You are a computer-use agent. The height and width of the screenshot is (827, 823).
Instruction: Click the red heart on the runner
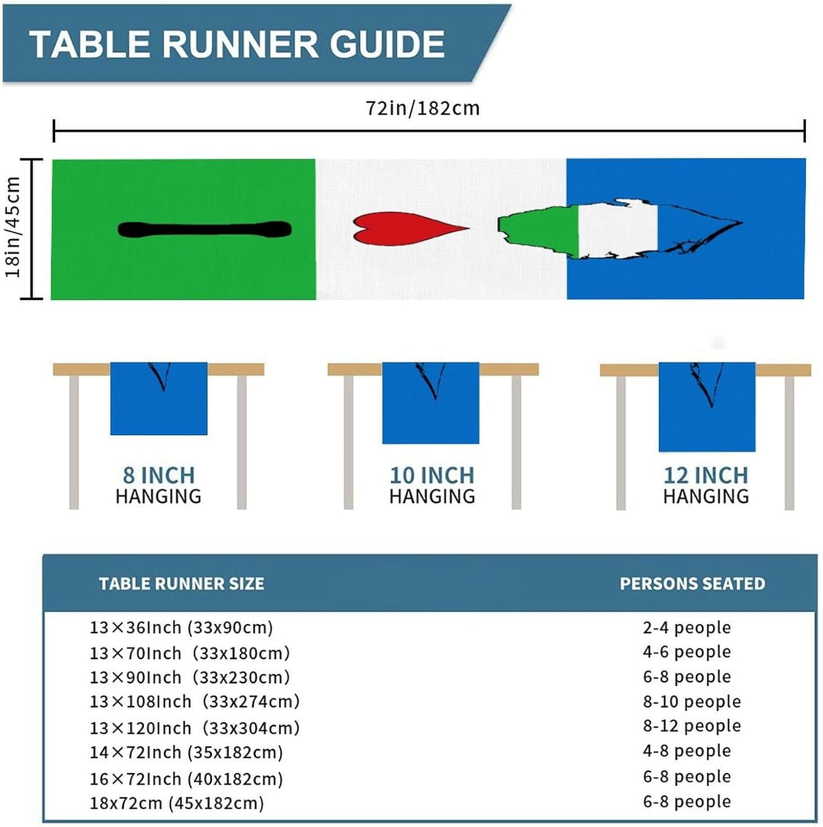[405, 228]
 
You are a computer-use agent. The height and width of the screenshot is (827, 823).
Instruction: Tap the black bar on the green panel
[205, 229]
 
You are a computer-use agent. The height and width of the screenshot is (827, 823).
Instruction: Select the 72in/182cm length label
[423, 108]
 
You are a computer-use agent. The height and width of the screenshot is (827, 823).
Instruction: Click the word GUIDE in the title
[387, 44]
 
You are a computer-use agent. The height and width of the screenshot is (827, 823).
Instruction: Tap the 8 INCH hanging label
[159, 475]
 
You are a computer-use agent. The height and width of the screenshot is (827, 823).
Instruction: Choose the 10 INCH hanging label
[432, 475]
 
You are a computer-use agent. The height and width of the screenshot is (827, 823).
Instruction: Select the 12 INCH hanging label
[706, 475]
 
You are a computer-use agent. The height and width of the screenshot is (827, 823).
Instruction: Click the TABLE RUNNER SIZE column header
[181, 583]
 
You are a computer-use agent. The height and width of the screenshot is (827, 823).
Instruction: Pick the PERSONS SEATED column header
[692, 583]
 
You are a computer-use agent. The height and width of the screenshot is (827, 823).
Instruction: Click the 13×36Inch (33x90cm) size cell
[181, 627]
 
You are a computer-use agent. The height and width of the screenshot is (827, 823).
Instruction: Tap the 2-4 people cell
[687, 627]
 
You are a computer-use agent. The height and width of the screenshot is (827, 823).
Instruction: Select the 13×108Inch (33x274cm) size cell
[195, 701]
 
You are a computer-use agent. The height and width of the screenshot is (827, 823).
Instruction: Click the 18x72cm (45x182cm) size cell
[177, 803]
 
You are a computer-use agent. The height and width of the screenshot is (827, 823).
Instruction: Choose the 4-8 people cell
[687, 750]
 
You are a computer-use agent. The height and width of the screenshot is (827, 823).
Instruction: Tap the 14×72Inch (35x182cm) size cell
[186, 752]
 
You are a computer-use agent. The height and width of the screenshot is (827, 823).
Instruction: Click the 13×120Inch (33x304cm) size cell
[195, 728]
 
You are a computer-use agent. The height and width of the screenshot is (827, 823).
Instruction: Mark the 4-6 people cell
[687, 652]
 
